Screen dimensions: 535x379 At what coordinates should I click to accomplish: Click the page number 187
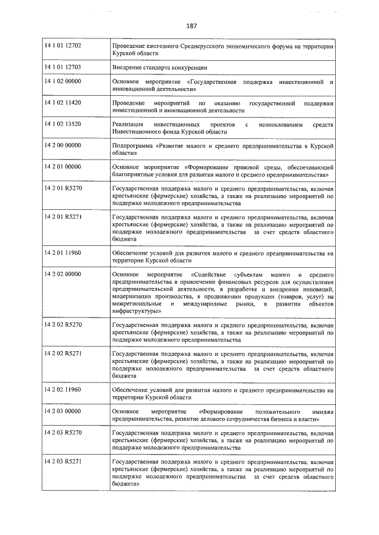point(191,26)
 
